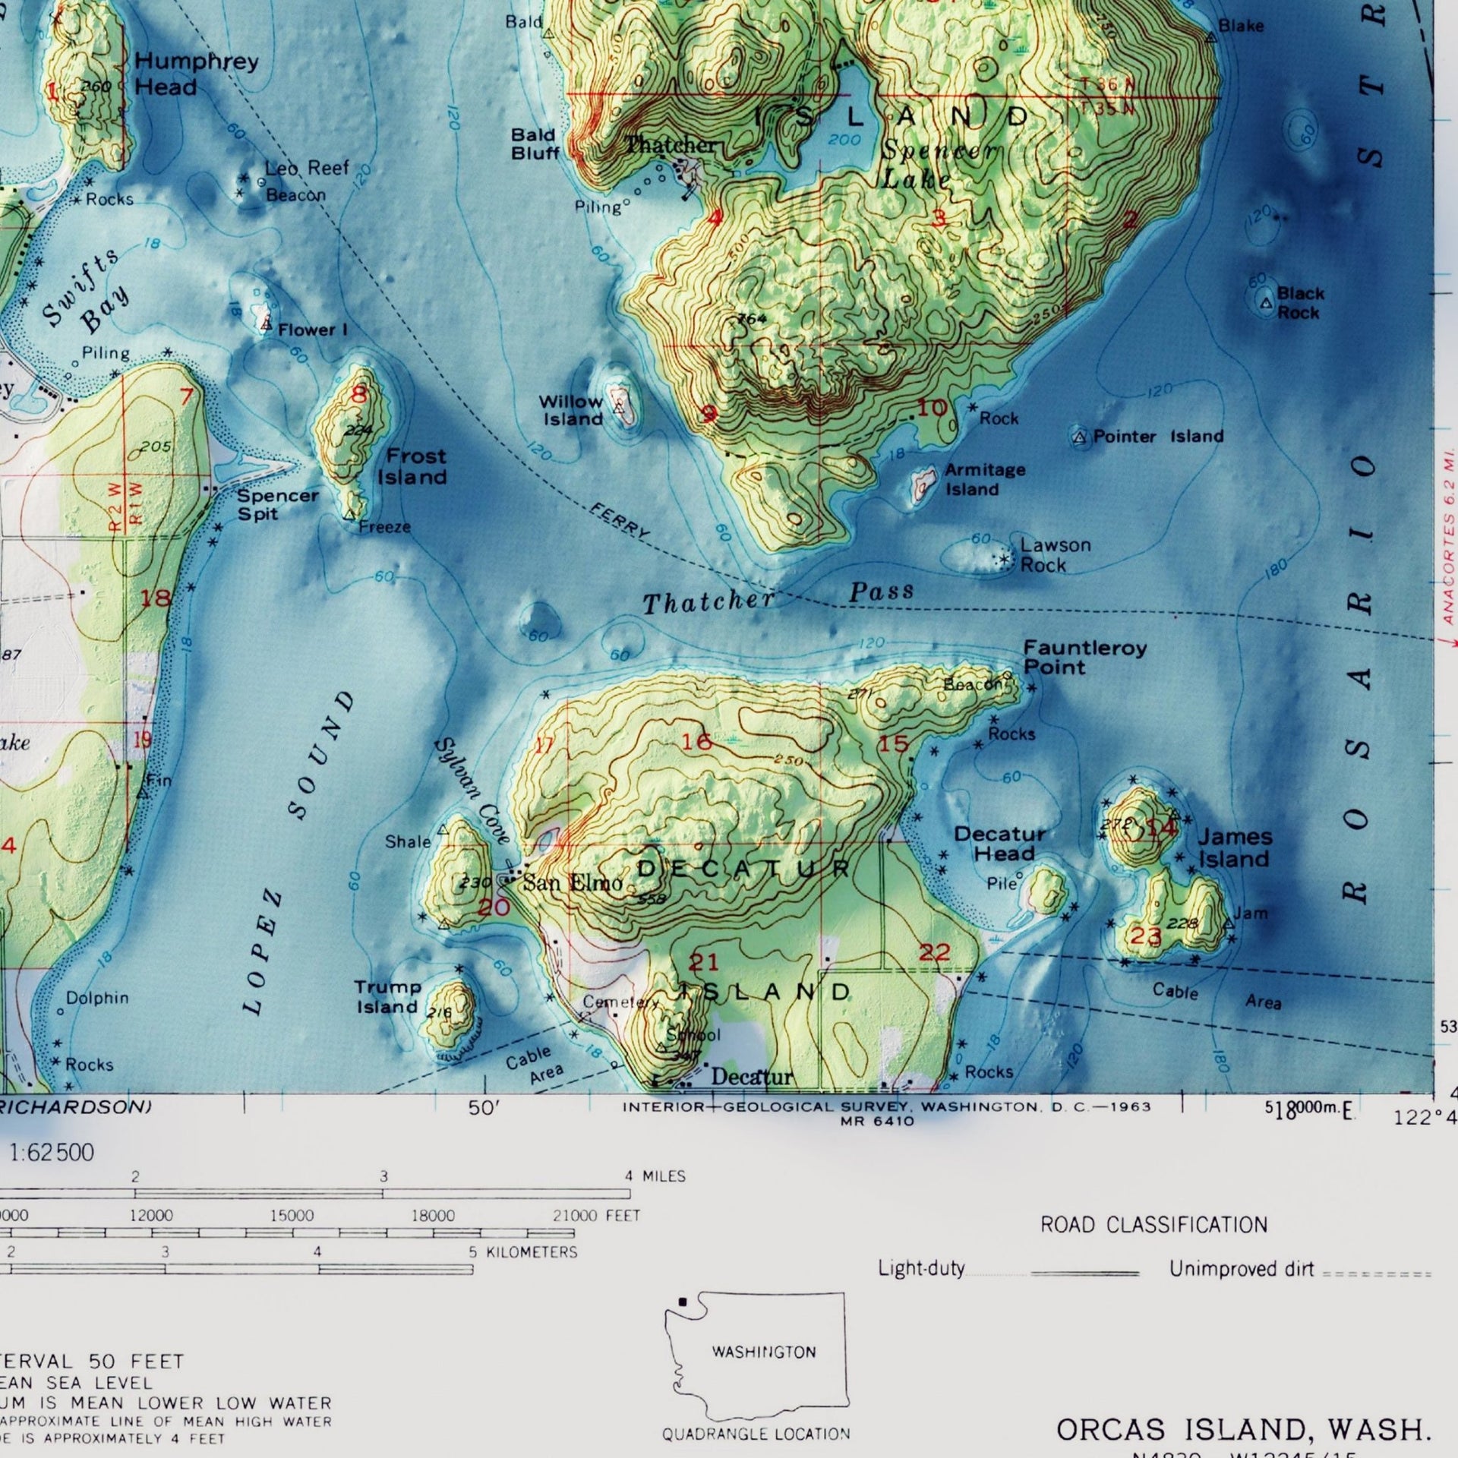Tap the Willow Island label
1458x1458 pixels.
571,410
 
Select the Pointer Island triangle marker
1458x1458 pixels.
1080,437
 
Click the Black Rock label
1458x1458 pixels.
1299,302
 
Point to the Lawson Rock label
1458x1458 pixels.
1054,554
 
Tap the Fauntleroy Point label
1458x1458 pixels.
1084,657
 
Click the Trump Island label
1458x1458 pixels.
387,996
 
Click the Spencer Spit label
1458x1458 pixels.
277,504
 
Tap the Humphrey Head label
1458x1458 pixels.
196,74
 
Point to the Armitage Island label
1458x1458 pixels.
984,479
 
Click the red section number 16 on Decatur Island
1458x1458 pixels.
696,741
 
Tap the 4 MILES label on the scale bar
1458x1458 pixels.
655,1176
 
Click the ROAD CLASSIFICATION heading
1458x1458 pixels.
1153,1225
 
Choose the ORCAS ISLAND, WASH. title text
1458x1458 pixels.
1243,1430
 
